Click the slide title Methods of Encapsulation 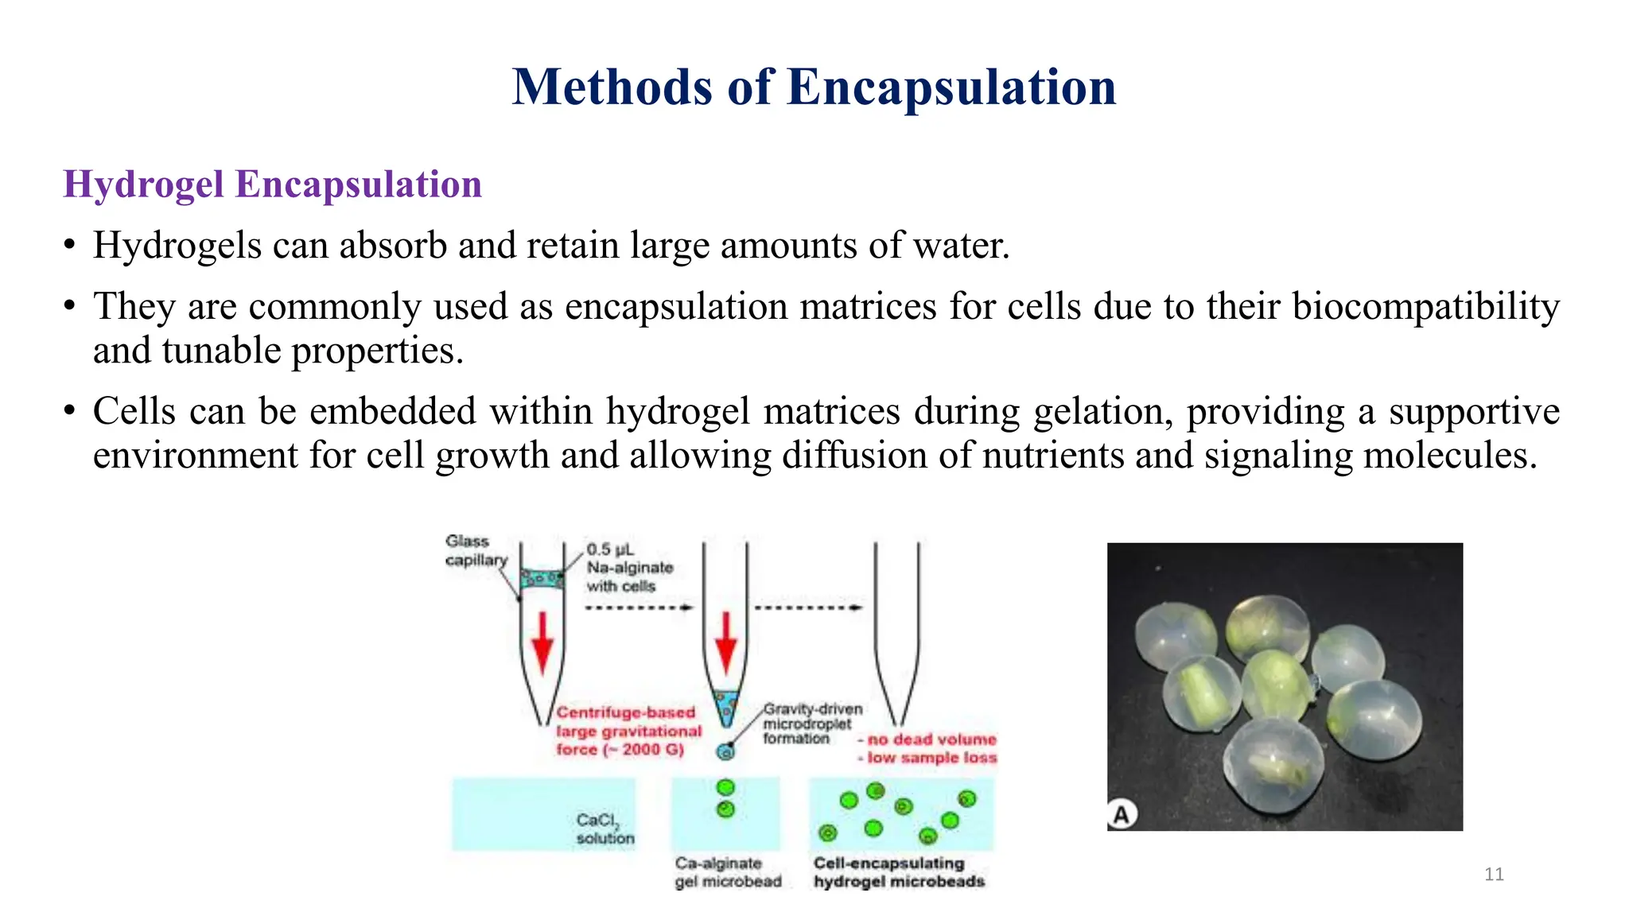coord(814,87)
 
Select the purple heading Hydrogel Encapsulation coord(273,184)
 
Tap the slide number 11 coord(1494,875)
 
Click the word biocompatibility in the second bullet coord(1425,306)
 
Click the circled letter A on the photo coord(1122,814)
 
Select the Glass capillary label coord(475,550)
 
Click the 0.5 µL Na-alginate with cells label coord(629,568)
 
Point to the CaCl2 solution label coord(605,828)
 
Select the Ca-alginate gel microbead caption coord(727,872)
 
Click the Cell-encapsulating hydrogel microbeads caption coord(898,872)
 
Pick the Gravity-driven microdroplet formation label coord(811,723)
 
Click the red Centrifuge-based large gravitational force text coord(628,731)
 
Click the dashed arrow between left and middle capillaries coord(639,607)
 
